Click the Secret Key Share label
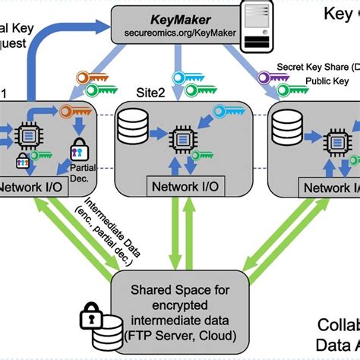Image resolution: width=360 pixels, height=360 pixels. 318,67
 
